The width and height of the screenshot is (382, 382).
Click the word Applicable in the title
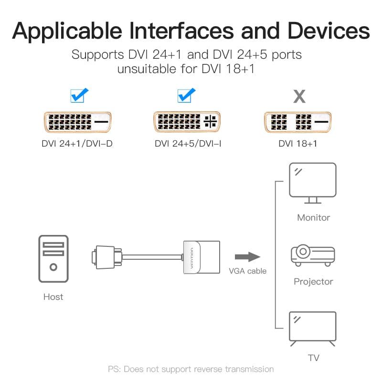(67, 32)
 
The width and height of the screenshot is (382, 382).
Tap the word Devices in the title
(329, 31)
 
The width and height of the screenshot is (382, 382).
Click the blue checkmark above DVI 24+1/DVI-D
(79, 95)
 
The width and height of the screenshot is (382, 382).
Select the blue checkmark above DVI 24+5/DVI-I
(186, 95)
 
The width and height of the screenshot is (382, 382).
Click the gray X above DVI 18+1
(299, 96)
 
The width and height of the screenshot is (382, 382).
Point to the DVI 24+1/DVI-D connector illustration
(78, 122)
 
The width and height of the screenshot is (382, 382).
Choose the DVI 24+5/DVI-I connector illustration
(187, 122)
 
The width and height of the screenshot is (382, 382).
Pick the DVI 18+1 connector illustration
(297, 122)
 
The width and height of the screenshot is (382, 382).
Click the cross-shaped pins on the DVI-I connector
(210, 121)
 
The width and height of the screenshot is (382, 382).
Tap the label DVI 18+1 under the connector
(297, 144)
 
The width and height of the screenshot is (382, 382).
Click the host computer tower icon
(53, 259)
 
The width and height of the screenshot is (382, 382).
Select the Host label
(53, 297)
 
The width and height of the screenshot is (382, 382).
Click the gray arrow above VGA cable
(247, 257)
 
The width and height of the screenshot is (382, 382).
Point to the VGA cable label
(247, 271)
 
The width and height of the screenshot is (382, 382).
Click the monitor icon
(313, 183)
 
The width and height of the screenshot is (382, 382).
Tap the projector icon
(313, 255)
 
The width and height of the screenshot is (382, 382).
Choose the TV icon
(313, 329)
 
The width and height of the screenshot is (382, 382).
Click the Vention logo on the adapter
(192, 258)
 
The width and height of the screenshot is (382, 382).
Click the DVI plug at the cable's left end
(106, 257)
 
